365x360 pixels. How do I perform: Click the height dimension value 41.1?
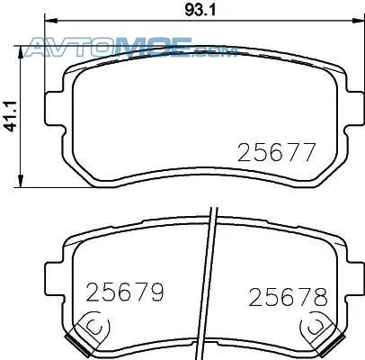pyautogui.click(x=11, y=117)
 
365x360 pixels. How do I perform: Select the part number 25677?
pyautogui.click(x=277, y=152)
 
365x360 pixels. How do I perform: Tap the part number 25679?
pyautogui.click(x=125, y=292)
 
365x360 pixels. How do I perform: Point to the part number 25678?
pyautogui.click(x=289, y=296)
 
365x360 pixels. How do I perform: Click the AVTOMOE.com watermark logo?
pyautogui.click(x=131, y=47)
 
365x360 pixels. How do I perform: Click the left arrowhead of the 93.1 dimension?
pyautogui.click(x=50, y=21)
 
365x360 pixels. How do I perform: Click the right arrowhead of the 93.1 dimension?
pyautogui.click(x=358, y=21)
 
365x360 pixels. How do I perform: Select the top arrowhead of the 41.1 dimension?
pyautogui.click(x=21, y=52)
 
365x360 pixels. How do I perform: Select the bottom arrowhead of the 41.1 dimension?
pyautogui.click(x=21, y=182)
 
